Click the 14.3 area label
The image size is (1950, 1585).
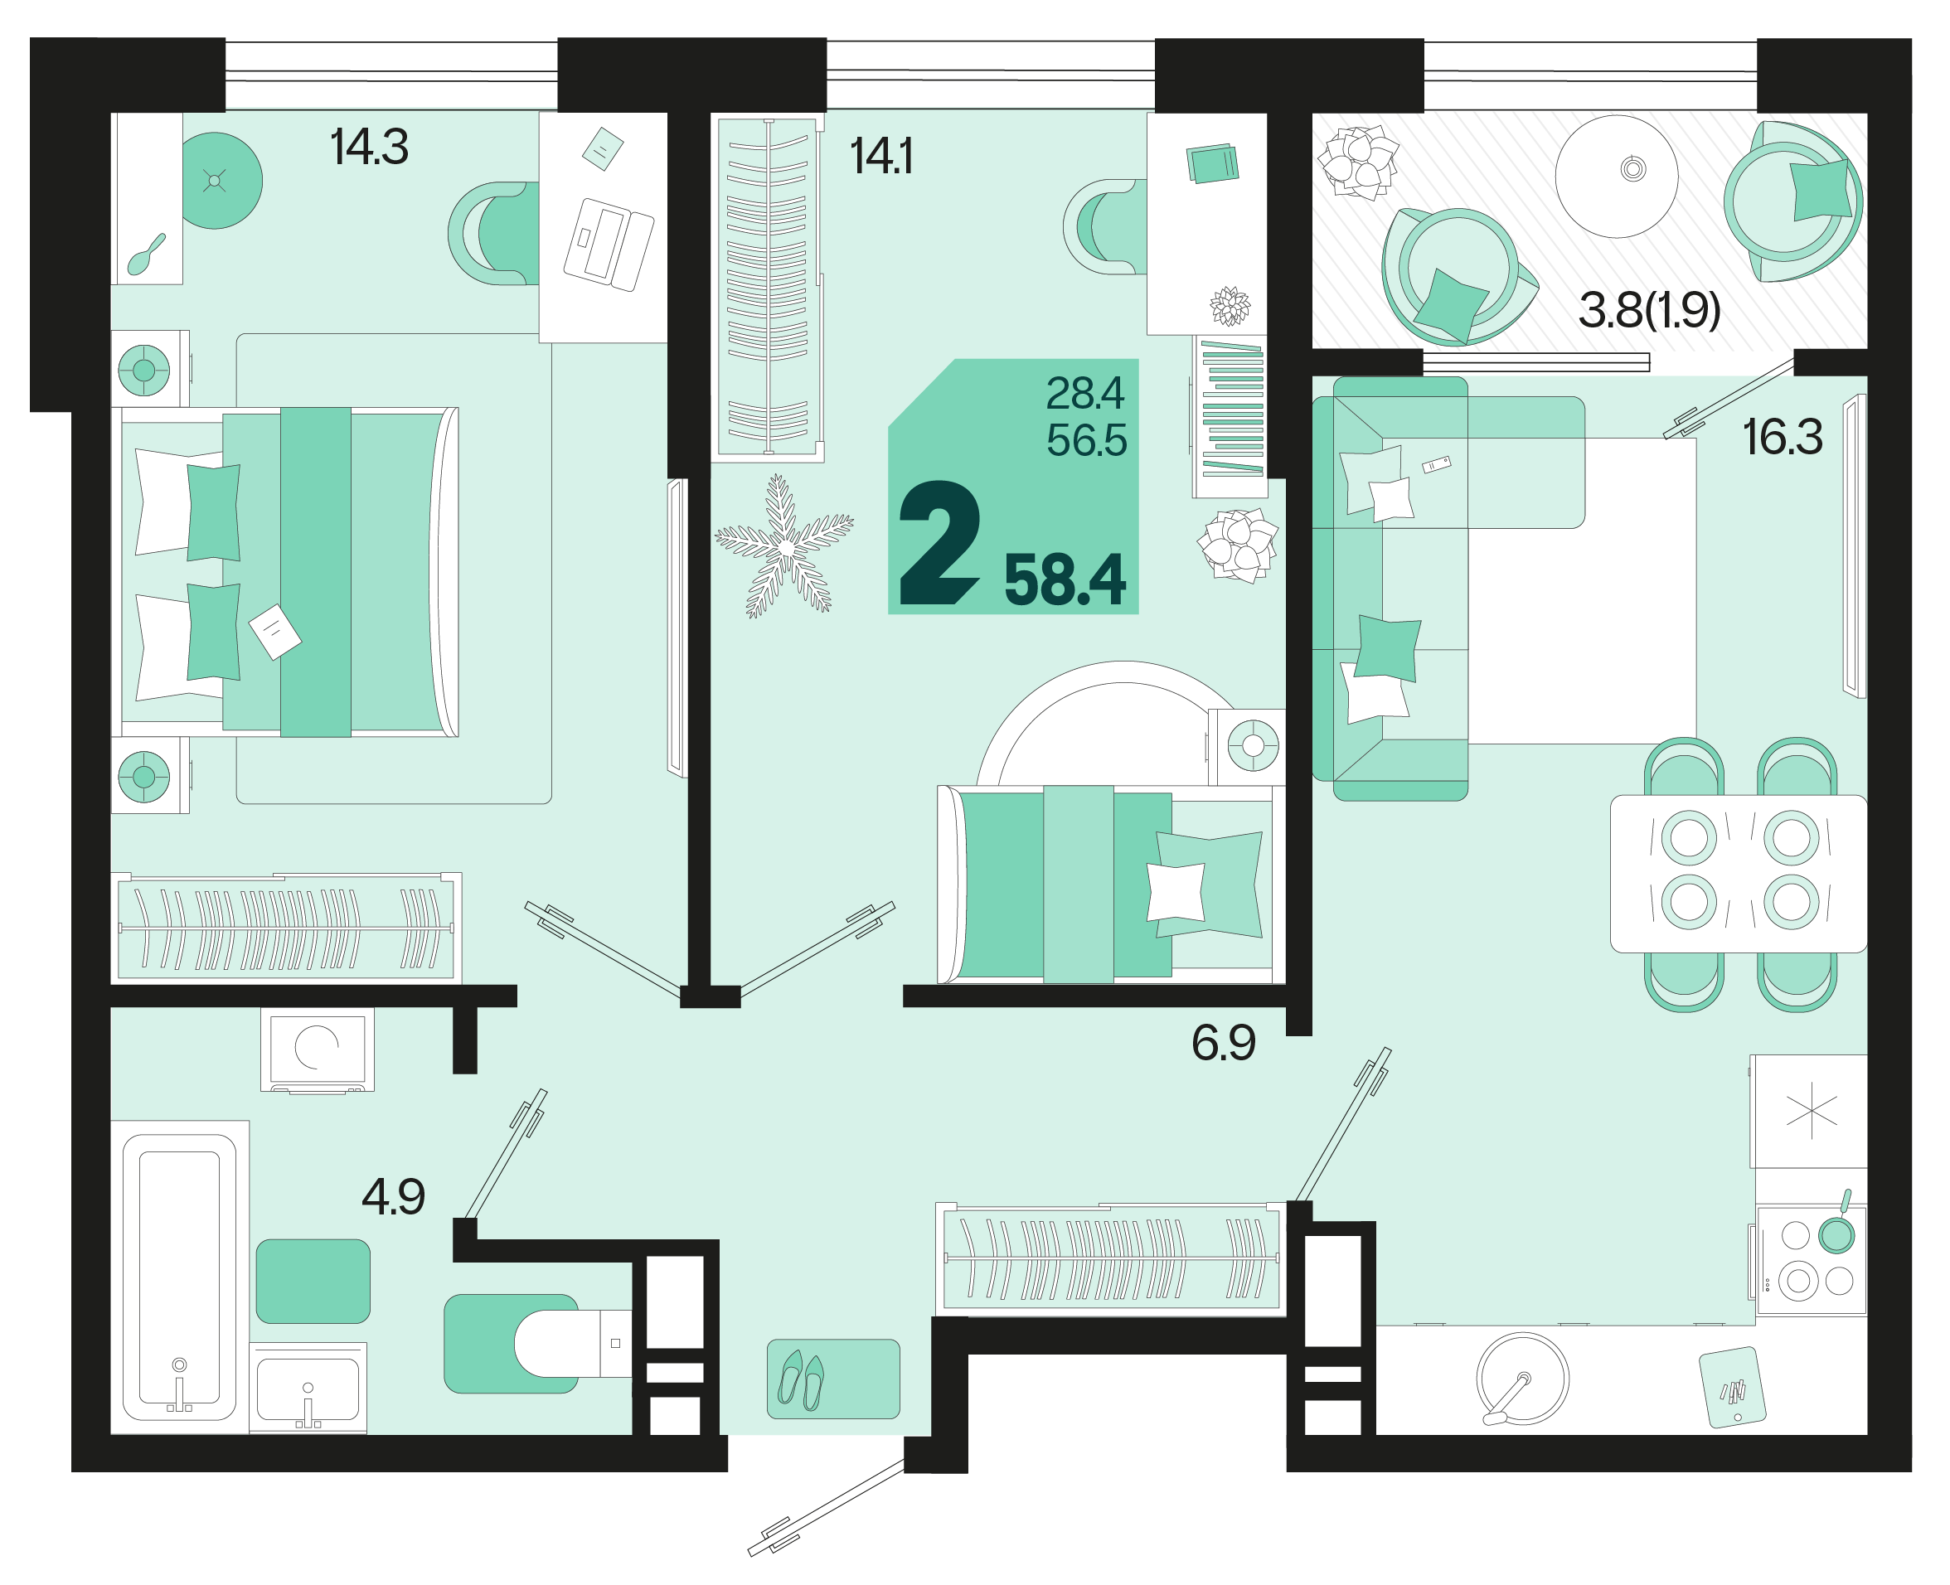click(x=369, y=147)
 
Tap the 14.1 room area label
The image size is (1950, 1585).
click(x=881, y=156)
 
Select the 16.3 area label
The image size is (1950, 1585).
click(x=1782, y=438)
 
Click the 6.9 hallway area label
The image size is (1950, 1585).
click(x=1224, y=1043)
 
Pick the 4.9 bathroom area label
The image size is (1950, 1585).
click(x=394, y=1197)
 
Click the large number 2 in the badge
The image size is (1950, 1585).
click(x=939, y=543)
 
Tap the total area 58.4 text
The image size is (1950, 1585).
click(x=1065, y=580)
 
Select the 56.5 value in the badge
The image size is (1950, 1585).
click(x=1086, y=441)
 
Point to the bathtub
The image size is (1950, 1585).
click(x=180, y=1277)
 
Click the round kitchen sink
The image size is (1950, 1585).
click(x=1523, y=1379)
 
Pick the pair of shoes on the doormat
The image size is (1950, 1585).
click(x=801, y=1379)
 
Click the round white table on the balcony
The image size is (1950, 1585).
click(x=1617, y=177)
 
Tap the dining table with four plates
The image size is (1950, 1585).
click(x=1739, y=874)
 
